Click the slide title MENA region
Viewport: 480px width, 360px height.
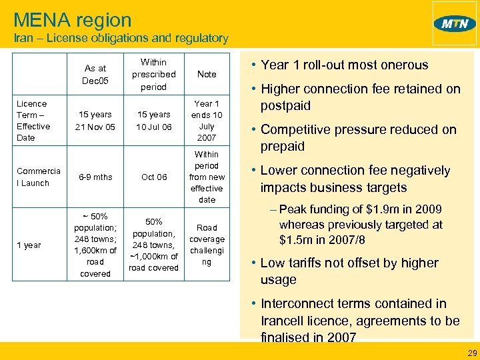point(73,20)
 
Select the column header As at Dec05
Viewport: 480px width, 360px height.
point(95,74)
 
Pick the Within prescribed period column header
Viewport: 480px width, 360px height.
point(154,74)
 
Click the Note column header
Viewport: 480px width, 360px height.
point(207,74)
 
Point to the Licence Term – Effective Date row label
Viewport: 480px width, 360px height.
point(33,121)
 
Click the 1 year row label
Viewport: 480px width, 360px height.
point(29,245)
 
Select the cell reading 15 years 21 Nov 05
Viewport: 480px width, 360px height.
point(95,121)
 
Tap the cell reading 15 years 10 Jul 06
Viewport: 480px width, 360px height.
point(154,121)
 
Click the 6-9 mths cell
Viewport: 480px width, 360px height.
point(95,177)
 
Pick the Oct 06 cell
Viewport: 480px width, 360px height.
point(154,177)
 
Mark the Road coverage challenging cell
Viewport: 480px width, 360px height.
point(207,245)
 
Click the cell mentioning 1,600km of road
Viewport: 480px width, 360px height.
point(95,250)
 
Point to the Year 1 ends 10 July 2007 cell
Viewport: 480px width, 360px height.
point(207,121)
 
